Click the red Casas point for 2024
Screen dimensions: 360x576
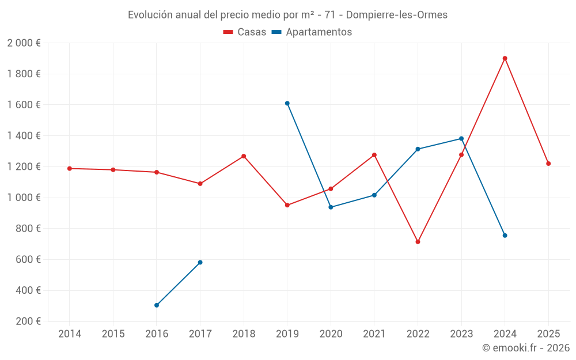point(505,58)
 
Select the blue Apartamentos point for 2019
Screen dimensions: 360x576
point(287,103)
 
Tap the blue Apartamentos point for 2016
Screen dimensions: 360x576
point(157,305)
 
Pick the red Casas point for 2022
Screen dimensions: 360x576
point(418,242)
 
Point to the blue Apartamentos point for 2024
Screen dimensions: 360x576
point(505,236)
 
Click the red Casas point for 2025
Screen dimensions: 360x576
point(548,164)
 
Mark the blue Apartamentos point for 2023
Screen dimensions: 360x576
point(461,138)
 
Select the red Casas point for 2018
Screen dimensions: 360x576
point(244,156)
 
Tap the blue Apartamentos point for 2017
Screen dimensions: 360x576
point(200,262)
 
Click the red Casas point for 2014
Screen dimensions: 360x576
point(70,168)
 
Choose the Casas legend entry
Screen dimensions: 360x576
point(245,32)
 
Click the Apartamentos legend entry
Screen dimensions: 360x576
point(312,32)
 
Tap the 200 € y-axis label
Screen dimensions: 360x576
point(29,321)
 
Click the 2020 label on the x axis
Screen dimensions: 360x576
point(331,334)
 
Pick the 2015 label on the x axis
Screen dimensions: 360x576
point(113,334)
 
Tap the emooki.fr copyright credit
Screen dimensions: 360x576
point(525,348)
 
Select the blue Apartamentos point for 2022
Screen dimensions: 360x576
point(418,149)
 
